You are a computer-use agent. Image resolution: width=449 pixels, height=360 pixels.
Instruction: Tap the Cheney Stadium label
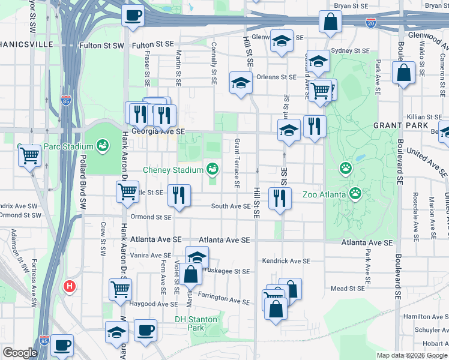coord(173,170)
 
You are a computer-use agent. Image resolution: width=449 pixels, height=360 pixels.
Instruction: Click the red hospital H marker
coord(70,286)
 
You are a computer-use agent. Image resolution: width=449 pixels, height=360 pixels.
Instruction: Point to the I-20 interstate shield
coord(371,23)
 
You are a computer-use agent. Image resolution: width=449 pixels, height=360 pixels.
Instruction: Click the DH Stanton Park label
coord(197,319)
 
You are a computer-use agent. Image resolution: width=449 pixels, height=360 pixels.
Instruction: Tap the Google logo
coord(19,353)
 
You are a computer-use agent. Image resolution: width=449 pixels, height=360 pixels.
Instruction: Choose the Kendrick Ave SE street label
coord(286,261)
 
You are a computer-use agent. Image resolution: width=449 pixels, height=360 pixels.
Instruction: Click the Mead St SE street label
coord(348,289)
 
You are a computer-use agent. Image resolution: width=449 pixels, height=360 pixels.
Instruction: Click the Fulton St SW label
coord(102,45)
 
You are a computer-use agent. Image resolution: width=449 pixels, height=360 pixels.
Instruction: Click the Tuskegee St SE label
coord(229,271)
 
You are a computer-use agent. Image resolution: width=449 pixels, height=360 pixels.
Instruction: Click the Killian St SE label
coord(424,117)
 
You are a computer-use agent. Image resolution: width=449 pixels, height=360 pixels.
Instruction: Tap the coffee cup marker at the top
coord(133,14)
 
